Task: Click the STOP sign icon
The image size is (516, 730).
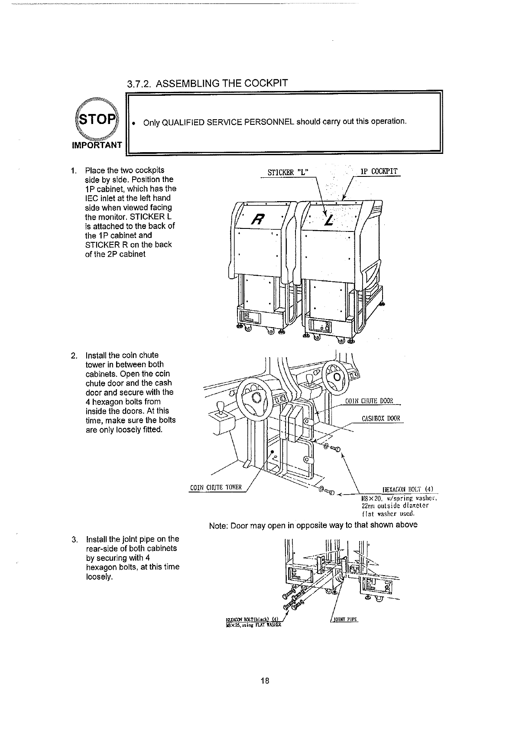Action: [x=96, y=118]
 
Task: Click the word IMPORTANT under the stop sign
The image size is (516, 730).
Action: [x=97, y=145]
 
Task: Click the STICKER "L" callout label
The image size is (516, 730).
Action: [x=288, y=172]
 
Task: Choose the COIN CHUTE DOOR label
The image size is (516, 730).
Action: [x=369, y=400]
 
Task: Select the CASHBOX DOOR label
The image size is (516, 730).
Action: [x=381, y=419]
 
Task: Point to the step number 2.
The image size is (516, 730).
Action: [x=74, y=355]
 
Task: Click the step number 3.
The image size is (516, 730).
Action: [x=74, y=539]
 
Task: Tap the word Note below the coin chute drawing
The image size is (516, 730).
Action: [x=218, y=525]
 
